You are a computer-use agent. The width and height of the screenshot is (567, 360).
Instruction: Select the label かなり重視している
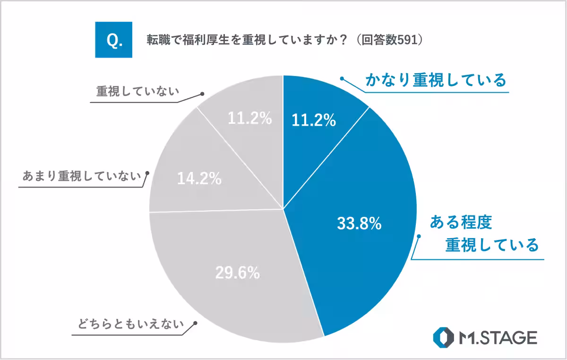pos(435,80)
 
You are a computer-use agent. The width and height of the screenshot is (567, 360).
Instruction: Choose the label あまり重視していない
pos(81,176)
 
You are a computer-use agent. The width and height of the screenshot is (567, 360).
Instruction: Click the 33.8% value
pos(359,224)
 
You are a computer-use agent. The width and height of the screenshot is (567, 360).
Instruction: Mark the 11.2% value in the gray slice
pos(249,119)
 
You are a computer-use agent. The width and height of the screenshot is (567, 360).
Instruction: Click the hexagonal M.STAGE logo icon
pos(443,337)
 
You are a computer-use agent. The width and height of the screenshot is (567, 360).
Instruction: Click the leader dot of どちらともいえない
pos(194,324)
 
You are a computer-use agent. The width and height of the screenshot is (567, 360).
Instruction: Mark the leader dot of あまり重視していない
pos(147,173)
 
